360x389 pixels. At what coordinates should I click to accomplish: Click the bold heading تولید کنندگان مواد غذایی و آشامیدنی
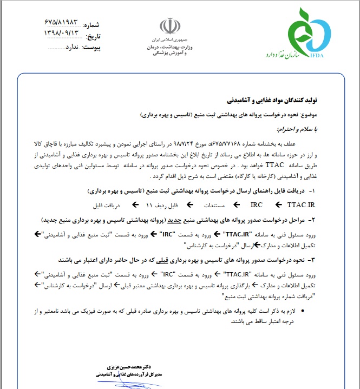[274, 101]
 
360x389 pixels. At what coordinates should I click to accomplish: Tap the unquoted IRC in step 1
[256, 206]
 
